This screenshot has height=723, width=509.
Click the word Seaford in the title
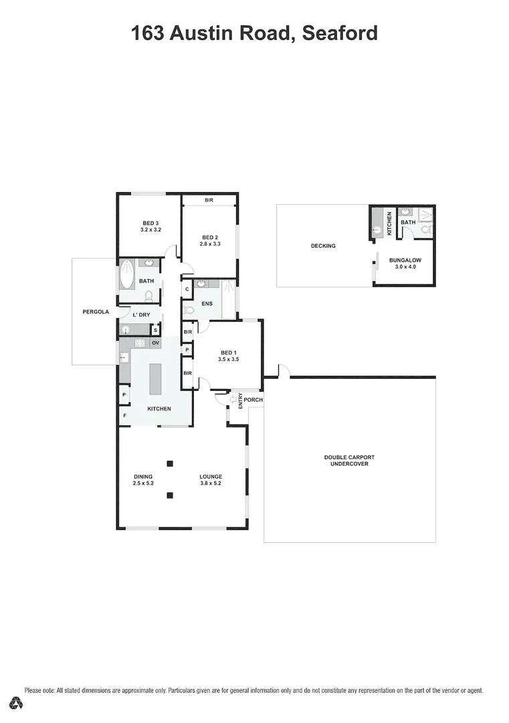click(340, 33)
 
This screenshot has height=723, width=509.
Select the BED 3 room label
click(150, 223)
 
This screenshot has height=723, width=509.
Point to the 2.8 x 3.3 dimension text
click(210, 244)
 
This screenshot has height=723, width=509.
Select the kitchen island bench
click(155, 380)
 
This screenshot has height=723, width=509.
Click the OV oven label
click(155, 343)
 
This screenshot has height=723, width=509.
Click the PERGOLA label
click(95, 311)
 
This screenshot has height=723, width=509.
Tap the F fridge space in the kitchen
click(124, 416)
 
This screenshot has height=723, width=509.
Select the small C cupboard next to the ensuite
click(187, 289)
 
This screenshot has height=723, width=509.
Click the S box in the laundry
click(155, 329)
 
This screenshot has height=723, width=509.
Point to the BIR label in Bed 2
click(209, 200)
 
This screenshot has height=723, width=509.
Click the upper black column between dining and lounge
click(170, 463)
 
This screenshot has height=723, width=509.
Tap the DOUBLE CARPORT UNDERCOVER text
click(349, 461)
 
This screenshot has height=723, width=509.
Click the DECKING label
click(323, 246)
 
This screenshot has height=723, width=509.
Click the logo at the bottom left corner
click(16, 703)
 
